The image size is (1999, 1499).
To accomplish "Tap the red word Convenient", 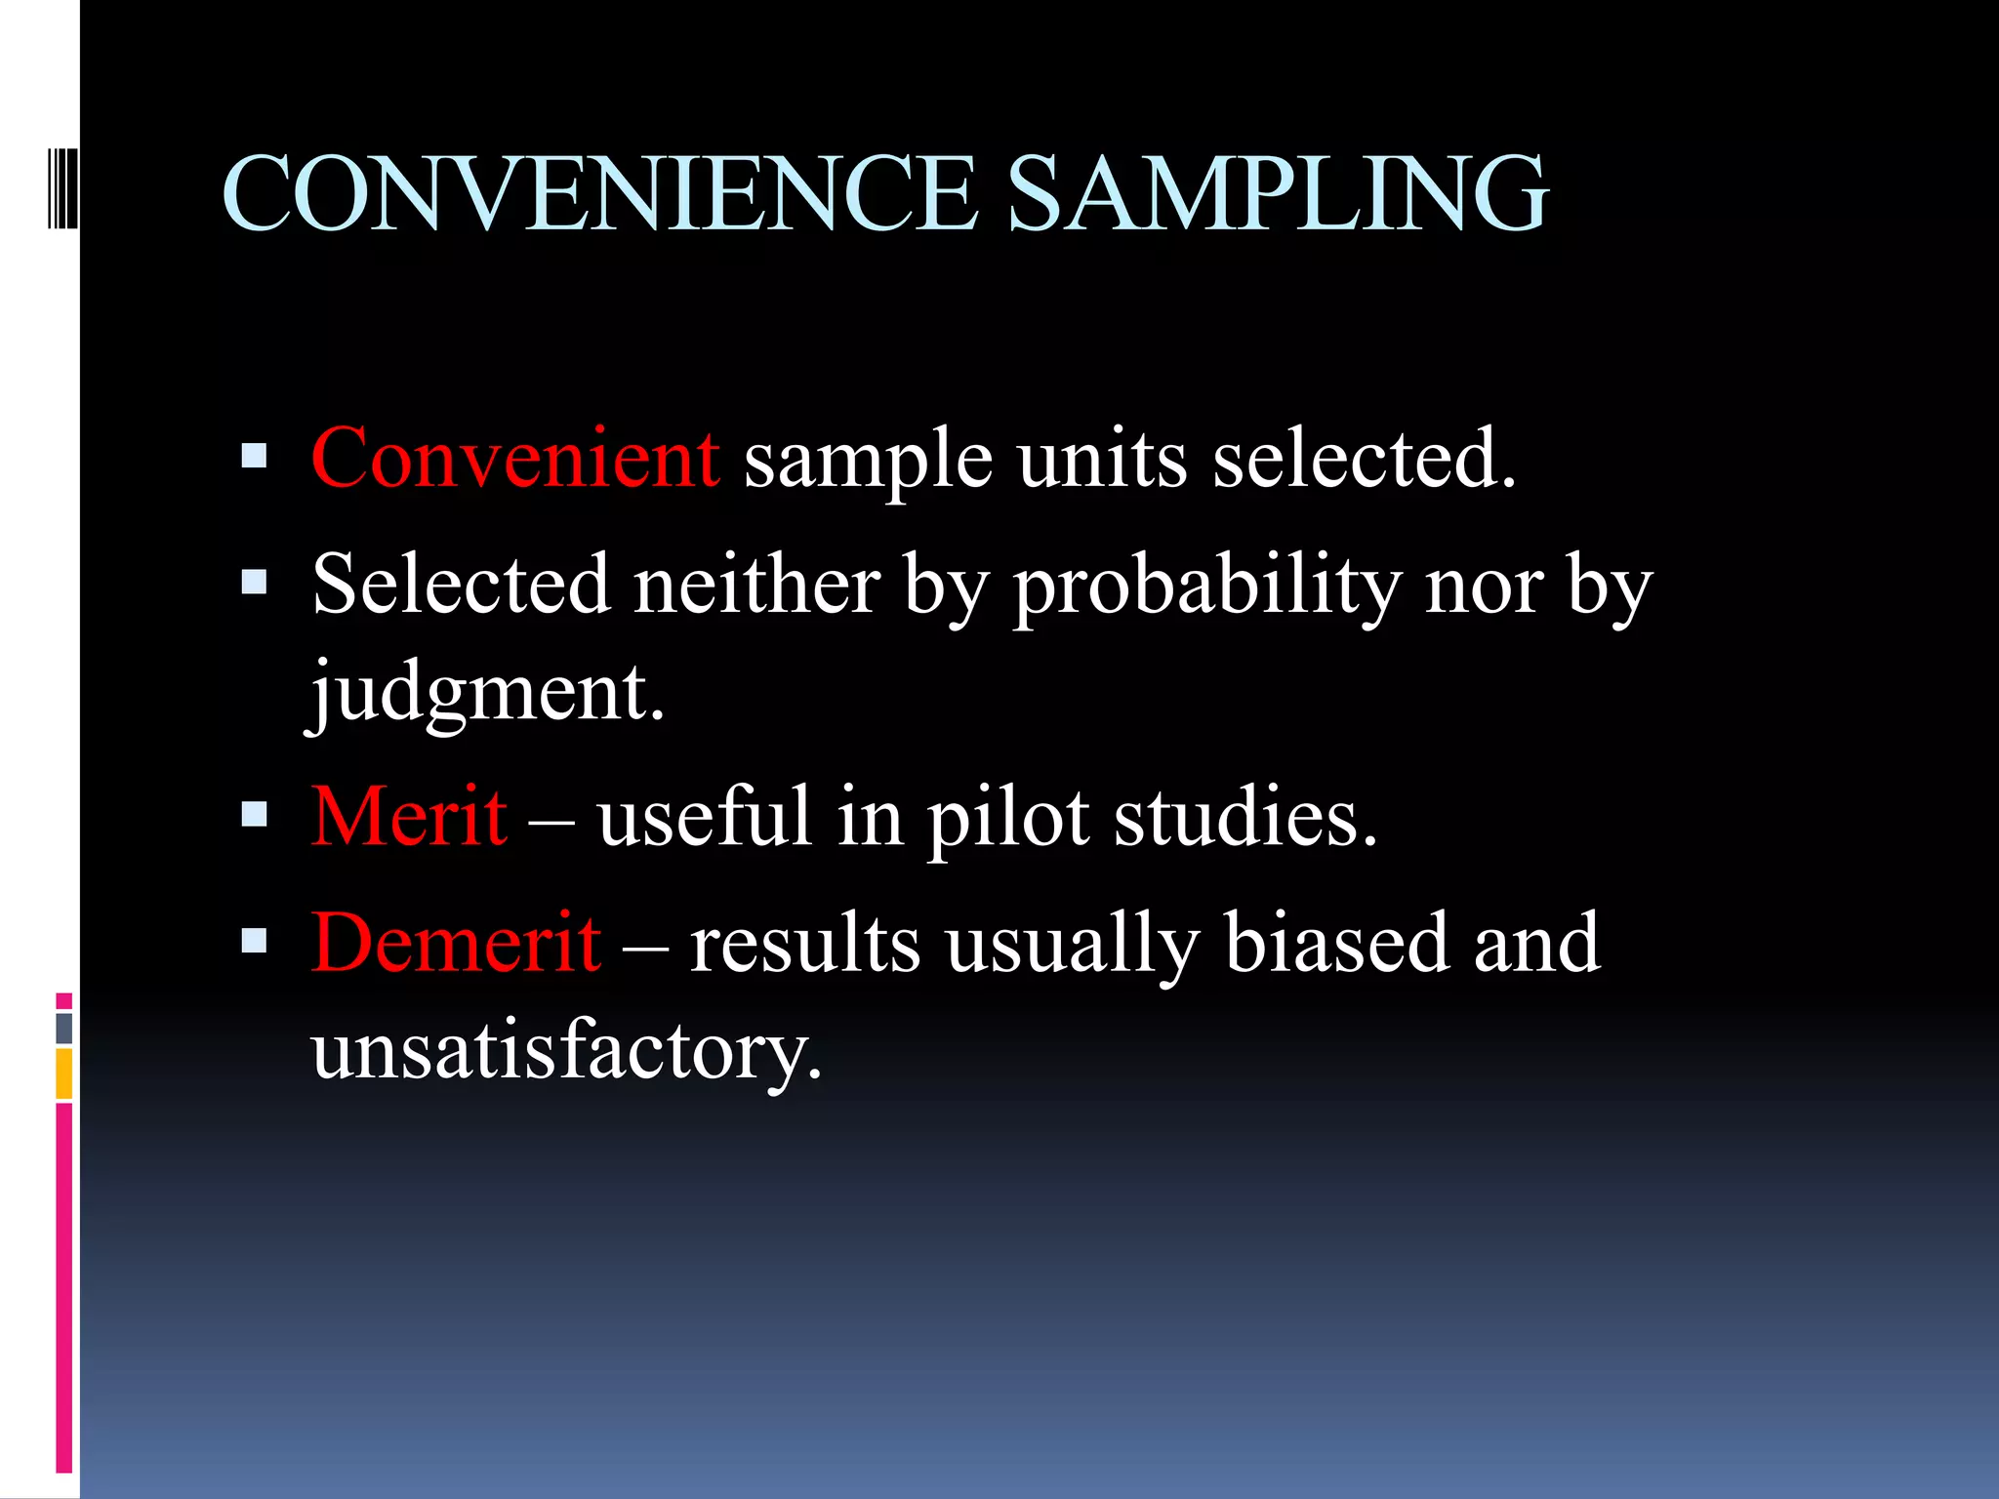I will (x=515, y=458).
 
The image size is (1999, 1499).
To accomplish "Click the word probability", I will (x=1206, y=586).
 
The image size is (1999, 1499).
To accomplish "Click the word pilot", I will (x=1007, y=818).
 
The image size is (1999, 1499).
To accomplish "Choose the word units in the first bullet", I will (x=1102, y=458).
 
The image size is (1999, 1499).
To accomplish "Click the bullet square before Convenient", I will (x=254, y=456).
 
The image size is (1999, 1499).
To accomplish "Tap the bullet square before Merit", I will (x=254, y=814).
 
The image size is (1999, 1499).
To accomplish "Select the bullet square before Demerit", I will (x=254, y=940).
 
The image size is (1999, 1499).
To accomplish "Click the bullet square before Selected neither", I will (x=254, y=583).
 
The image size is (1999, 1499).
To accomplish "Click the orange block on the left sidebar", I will (x=64, y=1074).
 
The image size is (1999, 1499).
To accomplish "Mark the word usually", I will (x=1072, y=944).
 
